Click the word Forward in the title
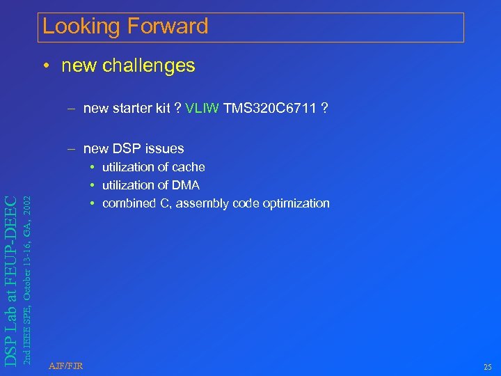pyautogui.click(x=167, y=26)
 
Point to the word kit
pyautogui.click(x=162, y=108)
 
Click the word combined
pyautogui.click(x=127, y=203)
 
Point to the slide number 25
pyautogui.click(x=486, y=366)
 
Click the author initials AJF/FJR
pyautogui.click(x=66, y=366)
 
